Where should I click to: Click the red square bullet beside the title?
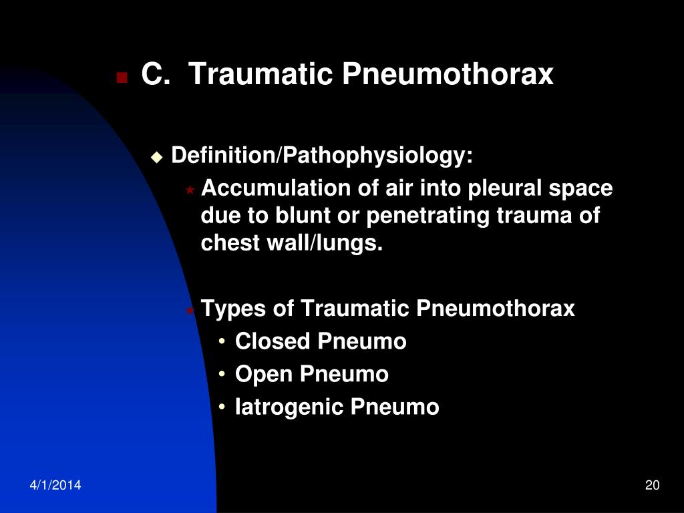(122, 78)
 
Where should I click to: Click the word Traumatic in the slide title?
(261, 75)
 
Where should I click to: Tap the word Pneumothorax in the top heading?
(448, 75)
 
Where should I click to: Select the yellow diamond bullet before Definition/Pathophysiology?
(157, 158)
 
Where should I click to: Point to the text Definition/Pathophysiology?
(322, 156)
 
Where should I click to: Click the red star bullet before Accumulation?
(190, 190)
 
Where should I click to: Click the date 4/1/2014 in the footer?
(55, 486)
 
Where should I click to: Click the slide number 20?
(653, 486)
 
